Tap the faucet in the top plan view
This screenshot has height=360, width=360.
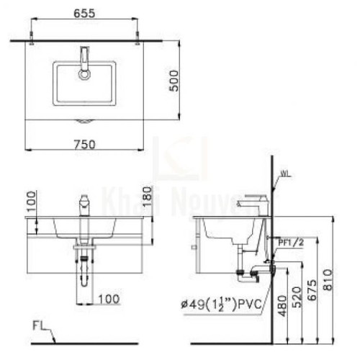pos(84,60)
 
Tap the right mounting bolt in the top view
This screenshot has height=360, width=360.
pos(137,36)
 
